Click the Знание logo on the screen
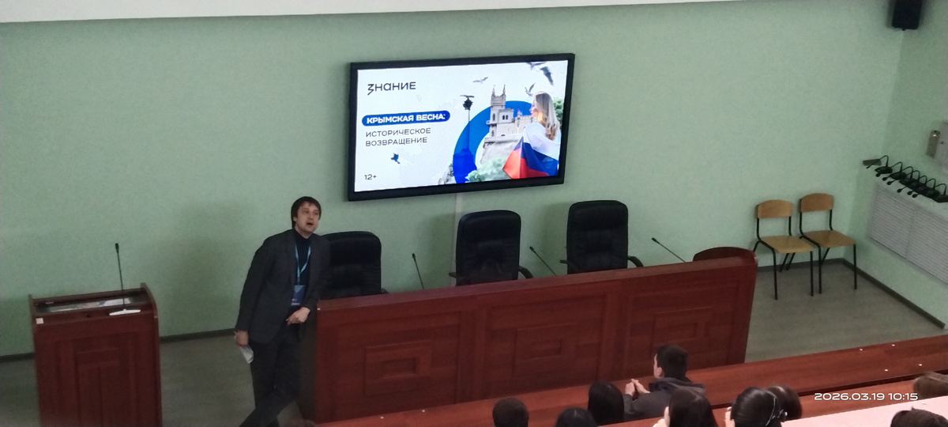(391, 87)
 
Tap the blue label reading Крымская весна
(405, 118)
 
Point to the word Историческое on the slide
(398, 132)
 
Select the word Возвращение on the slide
(396, 142)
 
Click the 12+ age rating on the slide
(371, 176)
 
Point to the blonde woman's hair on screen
(547, 114)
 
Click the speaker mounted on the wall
(907, 14)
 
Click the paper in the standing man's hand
(246, 353)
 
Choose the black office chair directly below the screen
(490, 248)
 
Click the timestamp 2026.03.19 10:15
(866, 396)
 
